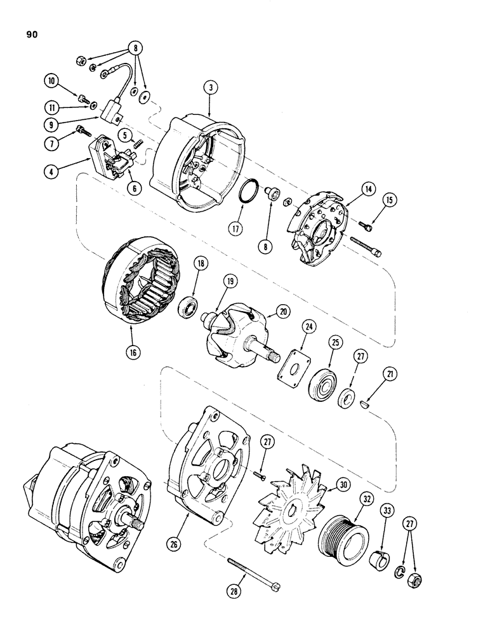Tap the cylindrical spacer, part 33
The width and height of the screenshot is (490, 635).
[x=383, y=540]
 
